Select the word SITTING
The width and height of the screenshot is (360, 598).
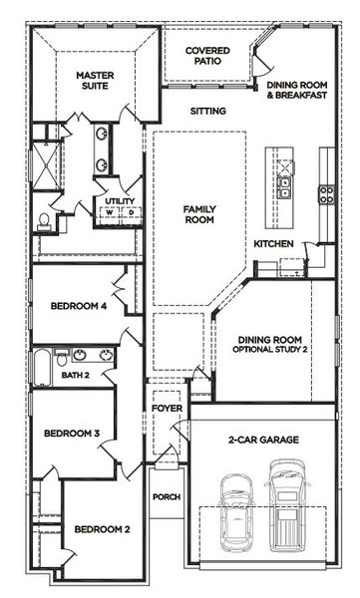pyautogui.click(x=207, y=111)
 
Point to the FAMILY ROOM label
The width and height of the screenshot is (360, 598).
pyautogui.click(x=199, y=214)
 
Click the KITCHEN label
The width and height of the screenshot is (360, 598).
pyautogui.click(x=273, y=244)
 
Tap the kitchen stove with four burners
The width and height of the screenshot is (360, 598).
pyautogui.click(x=325, y=191)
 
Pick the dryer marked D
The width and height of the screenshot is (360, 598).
pyautogui.click(x=130, y=211)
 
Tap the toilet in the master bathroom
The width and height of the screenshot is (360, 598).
pyautogui.click(x=43, y=221)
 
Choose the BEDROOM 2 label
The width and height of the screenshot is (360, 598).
pyautogui.click(x=103, y=528)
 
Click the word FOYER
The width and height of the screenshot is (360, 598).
pyautogui.click(x=166, y=409)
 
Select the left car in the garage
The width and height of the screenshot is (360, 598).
pyautogui.click(x=236, y=503)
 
